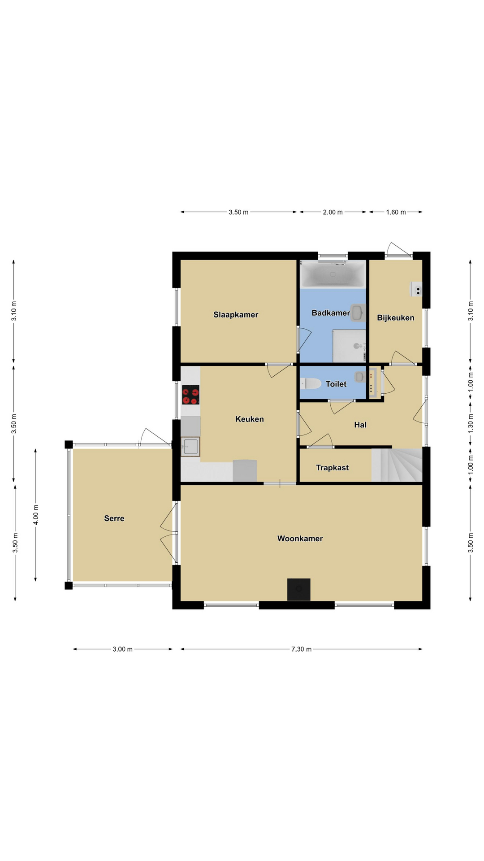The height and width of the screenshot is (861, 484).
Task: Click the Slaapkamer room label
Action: [x=236, y=315]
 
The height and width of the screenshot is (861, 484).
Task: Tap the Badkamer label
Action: [x=331, y=313]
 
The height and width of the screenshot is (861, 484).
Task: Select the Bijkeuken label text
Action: [x=395, y=318]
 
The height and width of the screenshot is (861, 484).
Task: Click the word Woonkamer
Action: [x=300, y=539]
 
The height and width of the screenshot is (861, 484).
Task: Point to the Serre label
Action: [x=114, y=518]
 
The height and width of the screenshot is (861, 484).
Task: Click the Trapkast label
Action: [x=332, y=468]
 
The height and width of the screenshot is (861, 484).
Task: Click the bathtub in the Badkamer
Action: [x=333, y=274]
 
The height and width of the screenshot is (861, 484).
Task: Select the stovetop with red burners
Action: [x=190, y=395]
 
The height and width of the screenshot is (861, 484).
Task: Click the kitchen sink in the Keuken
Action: [x=190, y=447]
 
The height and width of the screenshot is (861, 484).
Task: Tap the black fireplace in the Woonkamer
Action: [x=298, y=589]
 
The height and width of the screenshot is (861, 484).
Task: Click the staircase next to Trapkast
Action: [x=397, y=465]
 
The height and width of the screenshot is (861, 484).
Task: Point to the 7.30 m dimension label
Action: [x=301, y=649]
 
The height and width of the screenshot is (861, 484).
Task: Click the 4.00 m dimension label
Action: [x=36, y=514]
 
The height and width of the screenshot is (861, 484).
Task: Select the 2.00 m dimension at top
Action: [x=333, y=212]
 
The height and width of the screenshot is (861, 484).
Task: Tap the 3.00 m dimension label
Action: [x=122, y=649]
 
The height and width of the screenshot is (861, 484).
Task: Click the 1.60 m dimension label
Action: [x=396, y=212]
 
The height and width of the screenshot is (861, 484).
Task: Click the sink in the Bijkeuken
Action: [x=416, y=289]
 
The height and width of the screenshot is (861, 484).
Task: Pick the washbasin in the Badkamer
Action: [x=358, y=313]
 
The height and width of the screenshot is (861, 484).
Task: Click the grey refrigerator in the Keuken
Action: [x=245, y=471]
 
